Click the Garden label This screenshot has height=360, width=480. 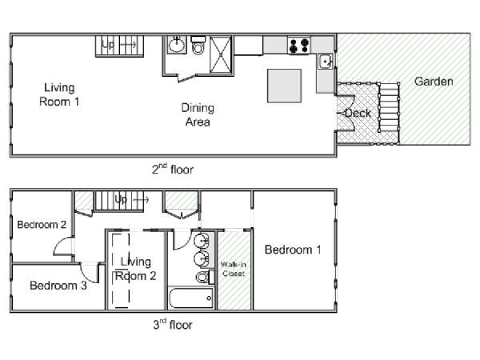(x=434, y=82)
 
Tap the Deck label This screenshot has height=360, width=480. (x=358, y=114)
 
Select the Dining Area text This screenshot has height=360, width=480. (x=198, y=115)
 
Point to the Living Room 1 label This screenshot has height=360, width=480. (x=59, y=94)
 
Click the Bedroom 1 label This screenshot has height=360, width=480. (x=293, y=250)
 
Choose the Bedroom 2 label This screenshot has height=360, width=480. (x=42, y=225)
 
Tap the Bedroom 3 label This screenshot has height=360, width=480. (x=58, y=286)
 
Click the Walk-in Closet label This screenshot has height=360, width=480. (x=234, y=269)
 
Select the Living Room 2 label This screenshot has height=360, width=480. (x=136, y=269)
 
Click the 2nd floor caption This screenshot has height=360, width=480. (x=173, y=170)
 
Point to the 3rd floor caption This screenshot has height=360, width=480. (x=173, y=325)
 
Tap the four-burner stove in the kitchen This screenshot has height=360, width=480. (x=299, y=46)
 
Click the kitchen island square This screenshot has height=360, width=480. (x=284, y=86)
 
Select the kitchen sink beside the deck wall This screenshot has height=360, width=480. (x=325, y=62)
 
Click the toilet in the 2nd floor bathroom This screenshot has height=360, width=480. (x=198, y=45)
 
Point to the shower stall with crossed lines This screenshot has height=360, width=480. (x=221, y=54)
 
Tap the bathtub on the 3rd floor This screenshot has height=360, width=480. (x=190, y=298)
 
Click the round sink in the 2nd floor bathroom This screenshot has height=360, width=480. (x=176, y=45)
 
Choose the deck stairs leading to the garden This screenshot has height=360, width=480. (x=389, y=107)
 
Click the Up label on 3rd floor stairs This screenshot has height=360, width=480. (x=121, y=199)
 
